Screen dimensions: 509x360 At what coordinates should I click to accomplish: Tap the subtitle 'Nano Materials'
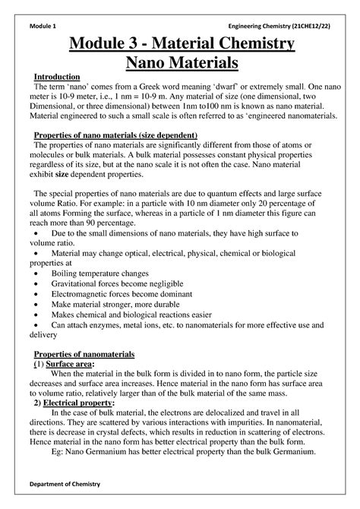coord(179,63)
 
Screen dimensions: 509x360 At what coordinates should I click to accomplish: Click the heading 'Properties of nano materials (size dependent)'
coord(116,134)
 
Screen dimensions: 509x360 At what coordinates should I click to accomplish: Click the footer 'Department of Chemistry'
coord(70,484)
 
